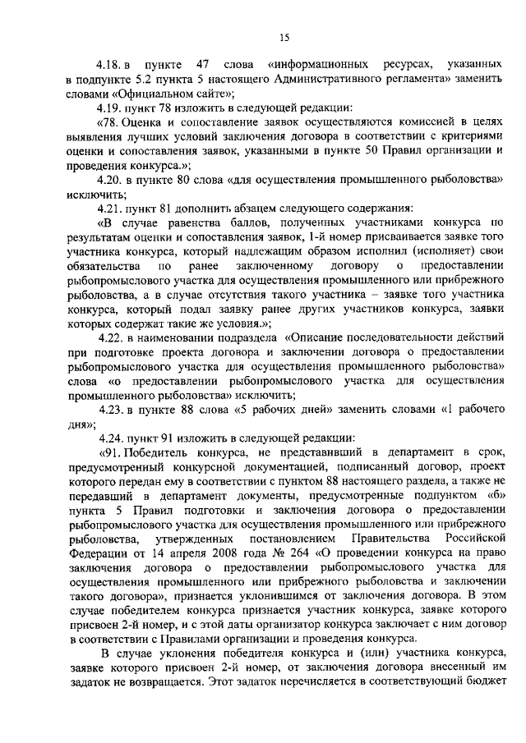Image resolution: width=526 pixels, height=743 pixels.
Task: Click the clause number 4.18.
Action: pyautogui.click(x=108, y=63)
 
